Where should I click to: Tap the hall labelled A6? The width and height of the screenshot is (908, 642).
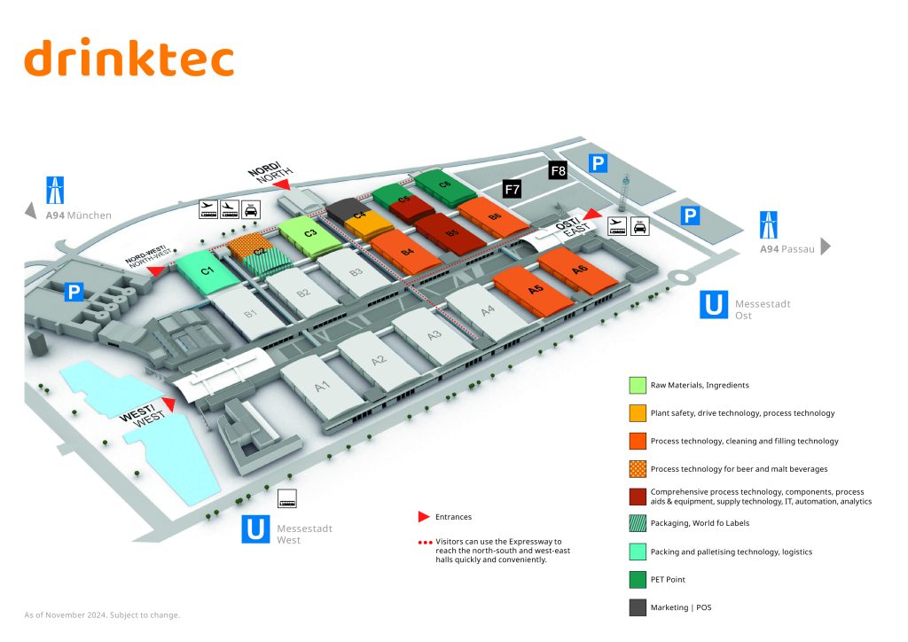[580, 270]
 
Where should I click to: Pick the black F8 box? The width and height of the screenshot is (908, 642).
[558, 170]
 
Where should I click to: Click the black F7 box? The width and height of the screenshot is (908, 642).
[512, 189]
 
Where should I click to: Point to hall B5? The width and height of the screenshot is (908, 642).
[452, 233]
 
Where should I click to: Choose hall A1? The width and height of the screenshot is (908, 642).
[322, 385]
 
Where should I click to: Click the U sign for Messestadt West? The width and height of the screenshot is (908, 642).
[255, 529]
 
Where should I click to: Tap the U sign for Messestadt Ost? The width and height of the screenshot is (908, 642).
[714, 304]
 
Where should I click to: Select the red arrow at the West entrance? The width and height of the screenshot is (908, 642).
[167, 403]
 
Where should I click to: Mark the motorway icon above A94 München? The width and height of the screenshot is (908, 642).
[56, 190]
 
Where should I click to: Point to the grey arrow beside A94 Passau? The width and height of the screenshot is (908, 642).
[826, 247]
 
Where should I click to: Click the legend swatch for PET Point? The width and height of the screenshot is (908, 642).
[638, 579]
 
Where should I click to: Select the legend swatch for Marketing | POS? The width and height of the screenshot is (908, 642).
[638, 607]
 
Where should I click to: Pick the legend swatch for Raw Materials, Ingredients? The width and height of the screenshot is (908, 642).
[638, 385]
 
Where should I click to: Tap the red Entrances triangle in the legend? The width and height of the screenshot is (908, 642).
[424, 516]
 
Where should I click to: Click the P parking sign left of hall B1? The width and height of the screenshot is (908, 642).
[74, 292]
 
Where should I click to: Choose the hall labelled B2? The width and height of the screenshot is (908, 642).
[303, 292]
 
